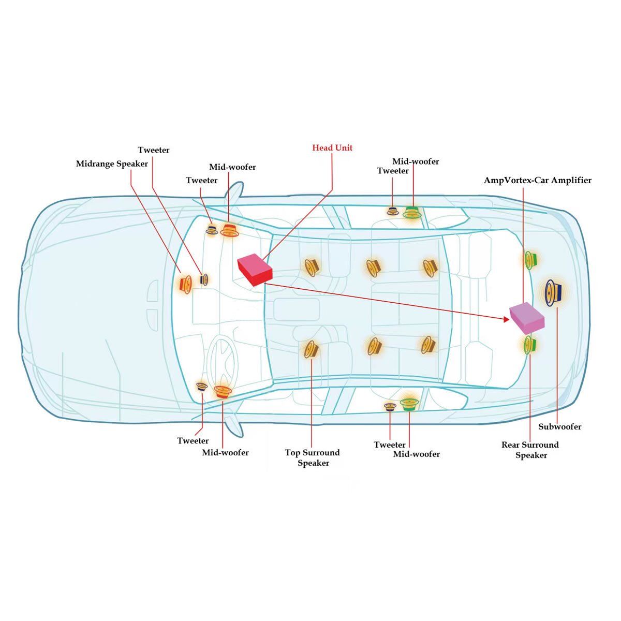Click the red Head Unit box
[255, 270]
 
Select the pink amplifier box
[527, 317]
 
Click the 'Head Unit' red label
[332, 148]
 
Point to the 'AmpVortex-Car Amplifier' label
[537, 181]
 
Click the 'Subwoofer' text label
[559, 427]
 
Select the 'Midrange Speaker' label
[112, 164]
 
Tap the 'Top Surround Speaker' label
[313, 457]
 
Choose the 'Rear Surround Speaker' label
[530, 450]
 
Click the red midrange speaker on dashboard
[185, 284]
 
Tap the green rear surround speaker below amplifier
[529, 344]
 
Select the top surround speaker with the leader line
[311, 349]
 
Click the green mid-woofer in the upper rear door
[412, 212]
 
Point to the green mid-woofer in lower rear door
[409, 404]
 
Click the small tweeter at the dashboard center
[204, 279]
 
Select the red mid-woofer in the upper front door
[229, 231]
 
